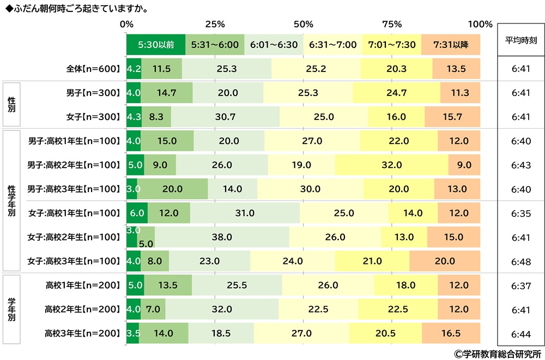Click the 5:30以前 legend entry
point(156,45)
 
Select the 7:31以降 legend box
point(451,45)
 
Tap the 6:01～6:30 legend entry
point(274,45)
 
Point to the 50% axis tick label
point(303,24)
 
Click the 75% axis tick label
point(392,24)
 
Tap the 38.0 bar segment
point(222,237)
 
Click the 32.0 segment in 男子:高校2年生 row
point(391,165)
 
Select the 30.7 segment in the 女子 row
point(225,117)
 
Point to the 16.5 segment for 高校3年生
point(451,333)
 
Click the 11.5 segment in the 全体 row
point(161,69)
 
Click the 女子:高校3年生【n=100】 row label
point(74,261)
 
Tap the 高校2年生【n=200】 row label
point(82,309)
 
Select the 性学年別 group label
point(11,201)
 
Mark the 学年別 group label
point(11,309)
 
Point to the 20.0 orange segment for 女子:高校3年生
point(444,261)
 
